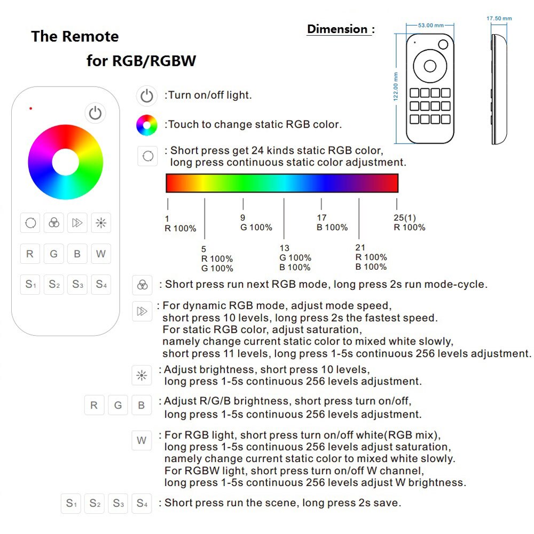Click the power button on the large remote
(95, 113)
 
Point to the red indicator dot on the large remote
(30, 108)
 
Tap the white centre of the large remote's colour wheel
(65, 162)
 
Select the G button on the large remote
(53, 254)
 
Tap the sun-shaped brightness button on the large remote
(100, 223)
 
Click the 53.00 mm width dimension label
(431, 25)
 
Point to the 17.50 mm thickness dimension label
(499, 19)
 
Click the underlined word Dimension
(337, 29)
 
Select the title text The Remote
(75, 36)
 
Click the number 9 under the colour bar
(243, 218)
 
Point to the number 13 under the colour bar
(284, 248)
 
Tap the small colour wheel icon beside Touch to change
(147, 125)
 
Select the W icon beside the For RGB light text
(142, 441)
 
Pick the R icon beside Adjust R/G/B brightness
(94, 405)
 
